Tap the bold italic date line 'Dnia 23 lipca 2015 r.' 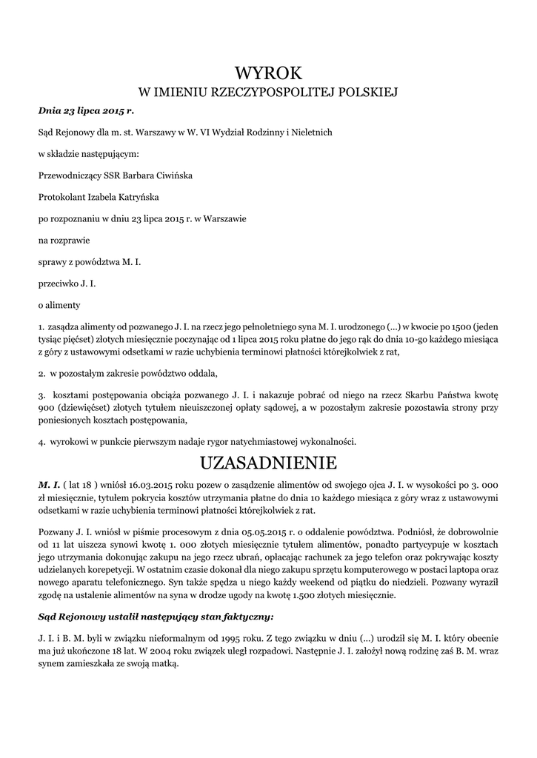pos(86,110)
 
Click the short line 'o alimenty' pos(59,304)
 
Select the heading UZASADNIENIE pos(268,463)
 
